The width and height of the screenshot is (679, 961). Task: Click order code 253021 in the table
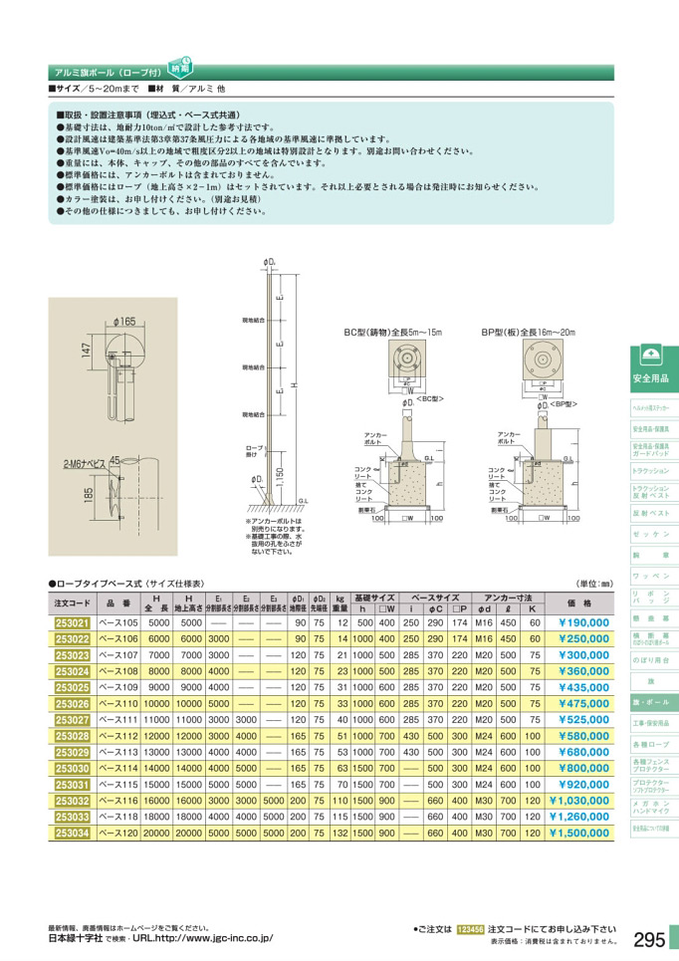point(71,622)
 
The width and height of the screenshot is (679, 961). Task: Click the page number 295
point(648,938)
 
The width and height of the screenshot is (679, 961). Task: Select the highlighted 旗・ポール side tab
point(650,701)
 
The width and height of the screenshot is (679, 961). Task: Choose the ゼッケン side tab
point(650,534)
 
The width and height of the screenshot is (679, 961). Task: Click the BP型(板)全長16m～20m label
point(527,332)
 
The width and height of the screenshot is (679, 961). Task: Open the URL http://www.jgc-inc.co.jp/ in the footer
point(201,938)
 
